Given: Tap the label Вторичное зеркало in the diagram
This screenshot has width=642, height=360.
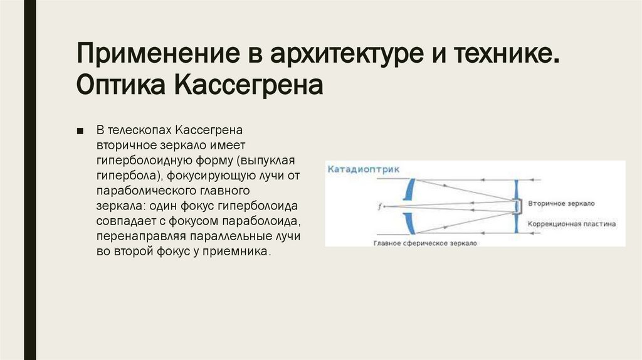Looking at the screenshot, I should (560, 204).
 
